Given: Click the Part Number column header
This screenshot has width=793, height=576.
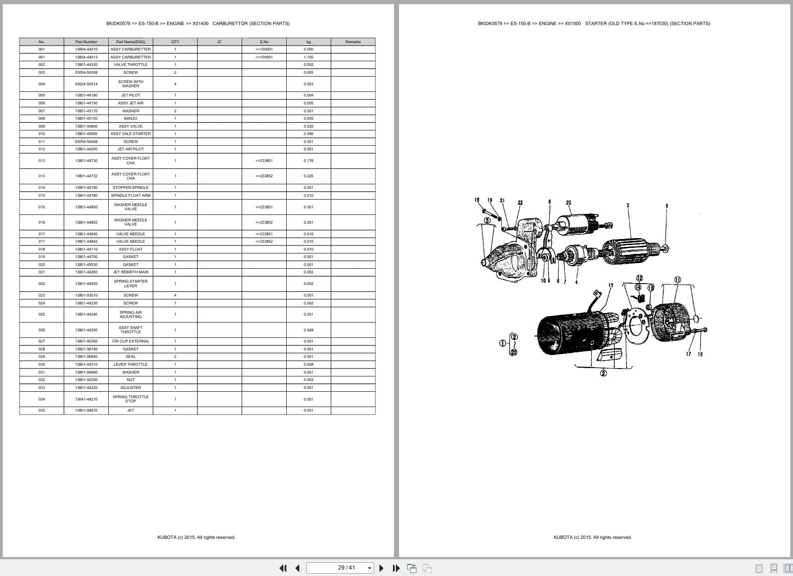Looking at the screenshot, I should (x=86, y=42).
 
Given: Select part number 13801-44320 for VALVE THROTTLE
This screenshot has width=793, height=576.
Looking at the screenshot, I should (x=86, y=65).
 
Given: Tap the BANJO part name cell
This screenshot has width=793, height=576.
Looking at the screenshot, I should (x=131, y=118).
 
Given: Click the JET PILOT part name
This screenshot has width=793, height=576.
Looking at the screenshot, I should (x=131, y=95).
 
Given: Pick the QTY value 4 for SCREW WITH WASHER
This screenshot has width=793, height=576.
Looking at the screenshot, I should (x=175, y=84).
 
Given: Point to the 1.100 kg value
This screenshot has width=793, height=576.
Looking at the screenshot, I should (x=308, y=57).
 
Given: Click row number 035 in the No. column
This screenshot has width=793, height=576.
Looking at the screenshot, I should (x=42, y=410).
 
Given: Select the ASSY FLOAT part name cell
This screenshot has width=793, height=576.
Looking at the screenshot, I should (x=131, y=249).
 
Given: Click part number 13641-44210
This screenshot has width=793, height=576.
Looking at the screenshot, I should (x=86, y=399).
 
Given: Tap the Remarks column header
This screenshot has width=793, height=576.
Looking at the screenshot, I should (x=353, y=42).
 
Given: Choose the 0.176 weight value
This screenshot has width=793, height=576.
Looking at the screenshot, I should (x=308, y=161).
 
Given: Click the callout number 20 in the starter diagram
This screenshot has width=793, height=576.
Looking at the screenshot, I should (x=569, y=203).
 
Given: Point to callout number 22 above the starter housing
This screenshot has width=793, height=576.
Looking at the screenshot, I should (x=520, y=203).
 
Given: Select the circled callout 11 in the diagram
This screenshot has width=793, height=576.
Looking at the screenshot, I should (x=677, y=280).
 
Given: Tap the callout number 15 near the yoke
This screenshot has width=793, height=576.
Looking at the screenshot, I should (x=610, y=285).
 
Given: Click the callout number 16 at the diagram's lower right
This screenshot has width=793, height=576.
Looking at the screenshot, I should (x=700, y=354).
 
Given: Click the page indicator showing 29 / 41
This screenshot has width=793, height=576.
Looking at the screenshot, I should (x=346, y=568).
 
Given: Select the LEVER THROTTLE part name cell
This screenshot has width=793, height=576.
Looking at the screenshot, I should (x=131, y=364).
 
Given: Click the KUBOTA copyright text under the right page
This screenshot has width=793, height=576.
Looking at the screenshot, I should (x=592, y=537).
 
